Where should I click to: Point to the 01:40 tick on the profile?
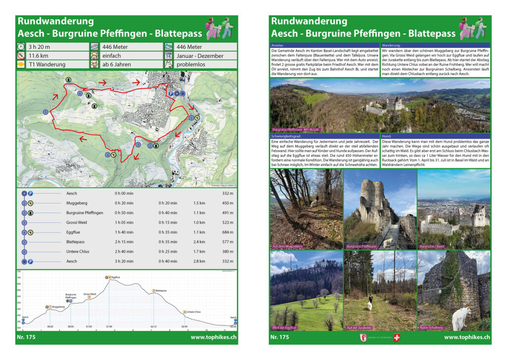109,327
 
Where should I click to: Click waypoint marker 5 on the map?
46,112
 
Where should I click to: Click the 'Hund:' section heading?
387,135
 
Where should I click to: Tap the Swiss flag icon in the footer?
396,338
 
